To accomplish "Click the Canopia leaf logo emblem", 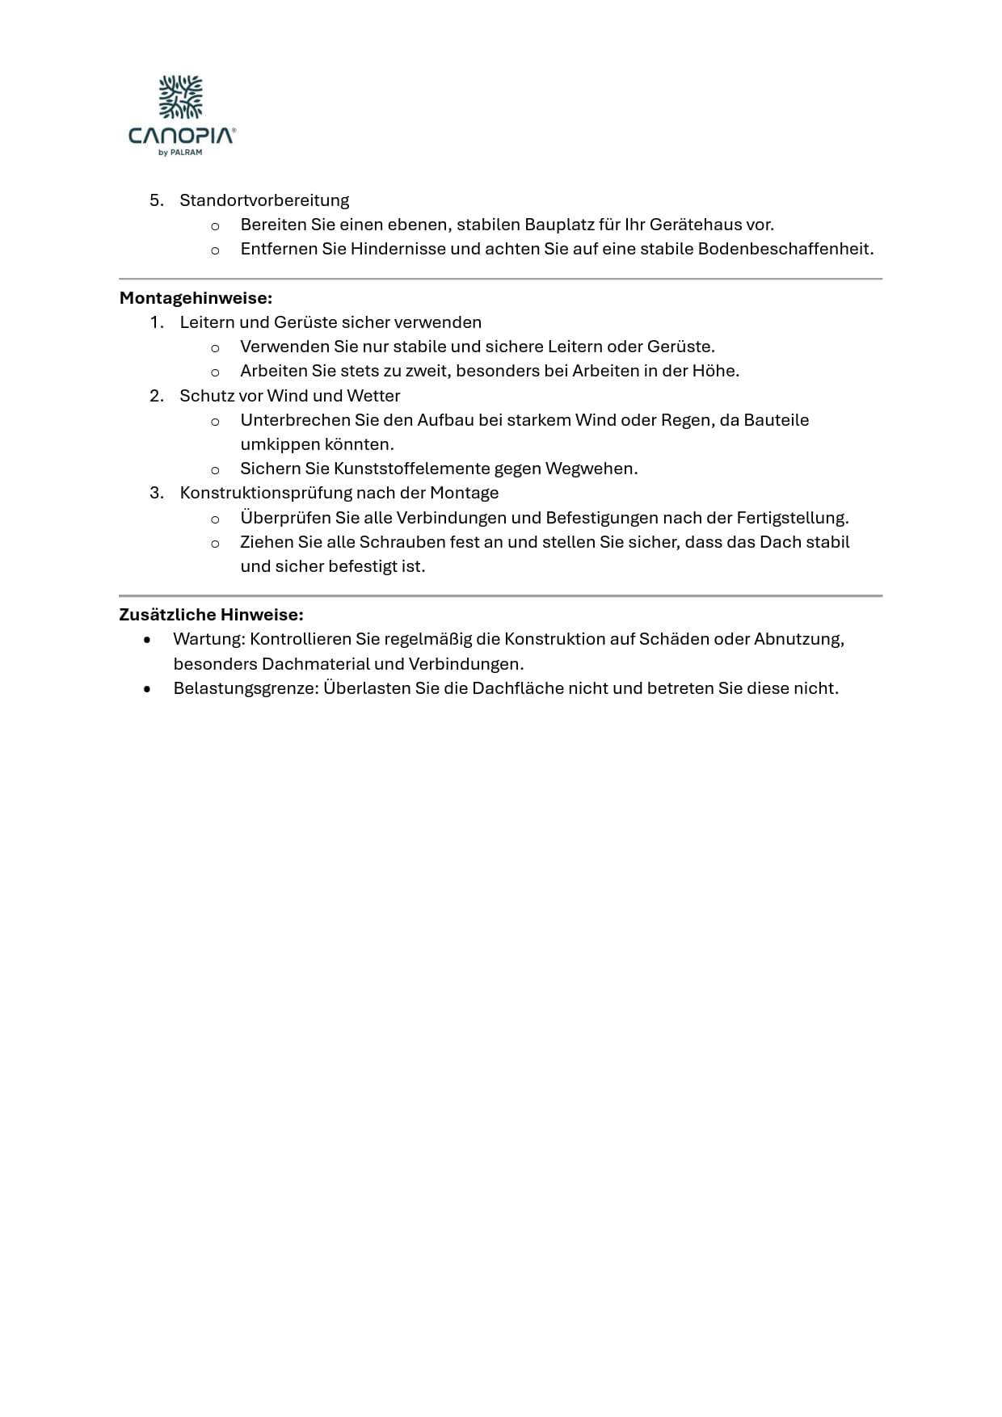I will click(181, 97).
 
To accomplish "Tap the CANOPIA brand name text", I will click(182, 135).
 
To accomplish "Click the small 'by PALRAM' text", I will click(180, 153).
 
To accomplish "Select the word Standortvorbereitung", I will click(264, 200).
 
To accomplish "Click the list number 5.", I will click(156, 200).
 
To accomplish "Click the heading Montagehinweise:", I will click(196, 298).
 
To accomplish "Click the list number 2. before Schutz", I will click(156, 396).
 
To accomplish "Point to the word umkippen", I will click(280, 444).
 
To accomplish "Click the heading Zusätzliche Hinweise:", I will click(211, 615).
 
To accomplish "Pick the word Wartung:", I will click(208, 639).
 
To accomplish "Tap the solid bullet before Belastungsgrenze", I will click(146, 689).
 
